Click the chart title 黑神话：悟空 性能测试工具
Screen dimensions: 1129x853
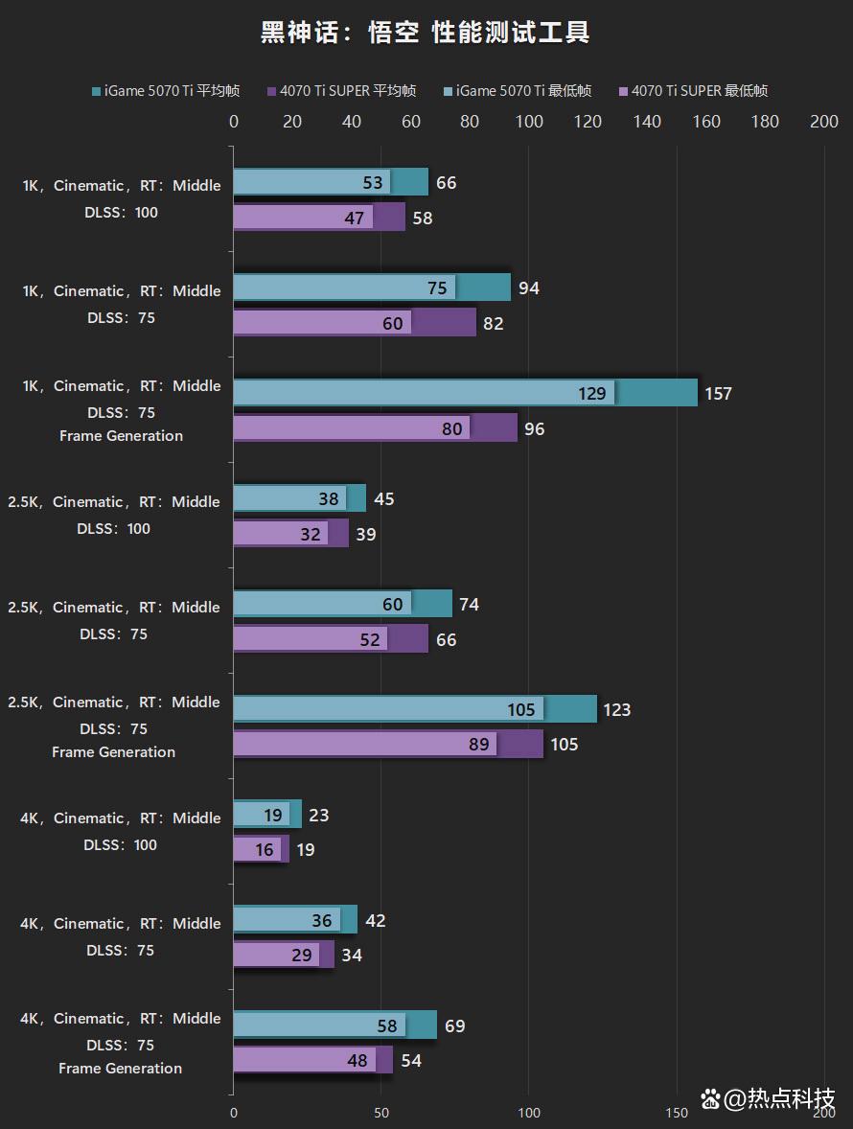coord(426,33)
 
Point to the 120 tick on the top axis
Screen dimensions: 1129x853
coord(588,122)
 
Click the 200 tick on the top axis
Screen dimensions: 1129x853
coord(824,122)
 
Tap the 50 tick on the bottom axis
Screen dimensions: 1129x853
coord(381,1113)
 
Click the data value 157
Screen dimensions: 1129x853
coord(718,394)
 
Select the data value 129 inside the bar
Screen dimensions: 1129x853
coord(592,394)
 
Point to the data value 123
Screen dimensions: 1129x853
coord(616,710)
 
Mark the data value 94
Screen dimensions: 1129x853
coord(528,288)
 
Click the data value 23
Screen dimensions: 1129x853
coord(319,816)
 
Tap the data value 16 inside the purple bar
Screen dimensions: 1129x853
coord(265,850)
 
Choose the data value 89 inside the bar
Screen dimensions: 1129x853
coord(478,745)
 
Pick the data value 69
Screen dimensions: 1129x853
coord(454,1026)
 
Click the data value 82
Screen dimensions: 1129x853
coord(493,324)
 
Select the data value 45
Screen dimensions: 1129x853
coord(383,499)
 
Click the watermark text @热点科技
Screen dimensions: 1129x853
coord(779,1098)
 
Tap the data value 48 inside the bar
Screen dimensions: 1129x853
coord(357,1061)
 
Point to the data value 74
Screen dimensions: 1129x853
coord(469,605)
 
